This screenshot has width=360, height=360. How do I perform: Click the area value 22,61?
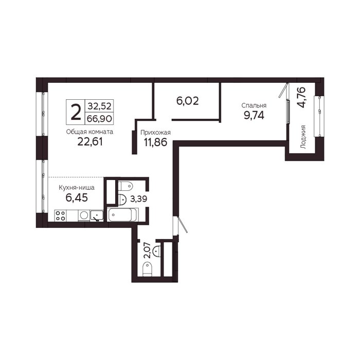pos(90,142)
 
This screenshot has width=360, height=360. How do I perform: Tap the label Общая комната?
pos(89,132)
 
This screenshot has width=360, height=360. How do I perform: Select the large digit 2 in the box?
pos(76,112)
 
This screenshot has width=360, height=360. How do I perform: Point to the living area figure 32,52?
pos(99,106)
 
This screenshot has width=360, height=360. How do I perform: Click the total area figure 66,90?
pos(99,119)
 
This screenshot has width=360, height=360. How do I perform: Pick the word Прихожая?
pos(155,133)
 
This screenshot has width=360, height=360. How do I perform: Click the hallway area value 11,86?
pos(155,142)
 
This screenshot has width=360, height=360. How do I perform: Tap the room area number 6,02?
pos(187,101)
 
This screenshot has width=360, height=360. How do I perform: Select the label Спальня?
pos(254,105)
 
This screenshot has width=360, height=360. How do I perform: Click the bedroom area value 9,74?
pos(254,115)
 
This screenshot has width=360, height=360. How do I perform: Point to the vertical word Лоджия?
pos(303,137)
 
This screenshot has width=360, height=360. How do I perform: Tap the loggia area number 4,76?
pos(301,97)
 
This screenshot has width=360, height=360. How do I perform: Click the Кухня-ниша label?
pos(77,188)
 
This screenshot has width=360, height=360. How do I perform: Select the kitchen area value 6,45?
pos(77,197)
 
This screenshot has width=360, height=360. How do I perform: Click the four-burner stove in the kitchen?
pos(60,216)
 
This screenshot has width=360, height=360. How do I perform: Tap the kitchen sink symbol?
pos(97,216)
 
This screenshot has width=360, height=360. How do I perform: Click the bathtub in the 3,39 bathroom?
pos(122,215)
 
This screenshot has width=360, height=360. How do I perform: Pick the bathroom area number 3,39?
pos(139,199)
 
